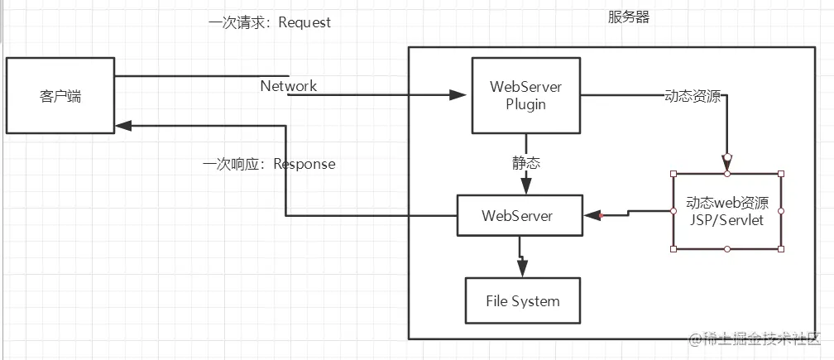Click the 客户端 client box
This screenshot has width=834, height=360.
[x=60, y=95]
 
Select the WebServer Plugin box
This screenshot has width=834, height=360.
[x=526, y=95]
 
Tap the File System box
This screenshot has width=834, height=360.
[x=522, y=300]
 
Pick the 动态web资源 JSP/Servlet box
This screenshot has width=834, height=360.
[x=727, y=211]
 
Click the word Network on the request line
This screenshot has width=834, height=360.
[x=288, y=85]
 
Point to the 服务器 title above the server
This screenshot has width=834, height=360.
[x=629, y=17]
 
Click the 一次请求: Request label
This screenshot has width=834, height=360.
[x=270, y=22]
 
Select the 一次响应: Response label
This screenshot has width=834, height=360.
[x=269, y=163]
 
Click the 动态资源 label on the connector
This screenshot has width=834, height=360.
[x=693, y=96]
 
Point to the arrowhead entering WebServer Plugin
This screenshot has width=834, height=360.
[x=458, y=95]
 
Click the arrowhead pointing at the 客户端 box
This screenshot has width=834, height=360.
[x=123, y=126]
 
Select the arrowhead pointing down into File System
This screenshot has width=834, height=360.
[x=522, y=268]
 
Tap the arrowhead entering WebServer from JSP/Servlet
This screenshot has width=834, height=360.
[x=592, y=215]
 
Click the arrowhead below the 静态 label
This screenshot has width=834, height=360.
[x=526, y=185]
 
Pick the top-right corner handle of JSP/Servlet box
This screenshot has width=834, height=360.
[x=781, y=173]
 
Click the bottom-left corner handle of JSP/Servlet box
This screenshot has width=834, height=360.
[x=673, y=249]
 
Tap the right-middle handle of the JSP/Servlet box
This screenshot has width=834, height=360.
[x=781, y=211]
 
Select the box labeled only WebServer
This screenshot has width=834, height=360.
[x=520, y=215]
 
